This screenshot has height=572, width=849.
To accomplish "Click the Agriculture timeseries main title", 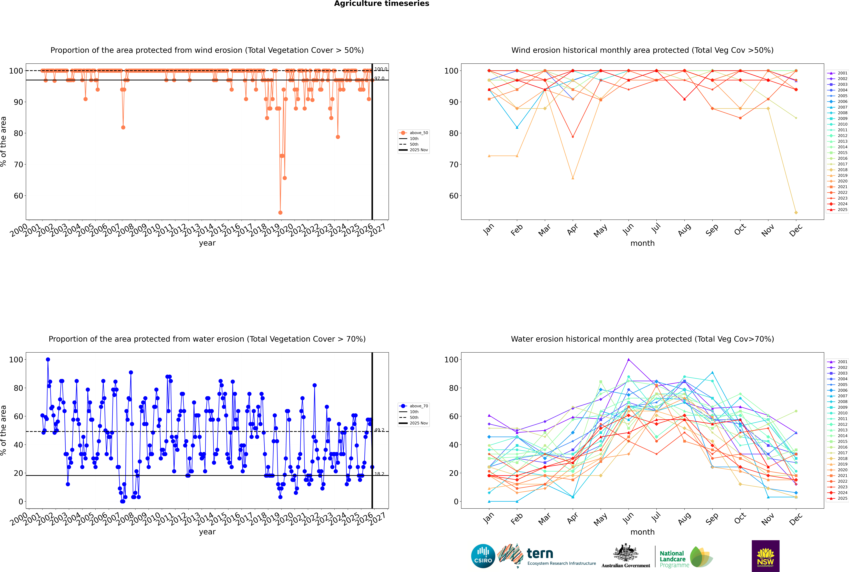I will coord(381,4).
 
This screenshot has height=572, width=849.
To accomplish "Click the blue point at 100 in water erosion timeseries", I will coord(48,359).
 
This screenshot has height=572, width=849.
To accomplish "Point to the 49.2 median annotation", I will coord(379,430).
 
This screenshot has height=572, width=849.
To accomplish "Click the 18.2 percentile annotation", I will coord(379,474).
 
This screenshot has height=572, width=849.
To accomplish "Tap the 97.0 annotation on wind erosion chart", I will coord(379,78).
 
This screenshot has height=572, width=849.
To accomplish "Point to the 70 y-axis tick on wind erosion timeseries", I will coord(18,165).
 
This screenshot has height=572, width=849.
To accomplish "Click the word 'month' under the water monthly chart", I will coord(642,532).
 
